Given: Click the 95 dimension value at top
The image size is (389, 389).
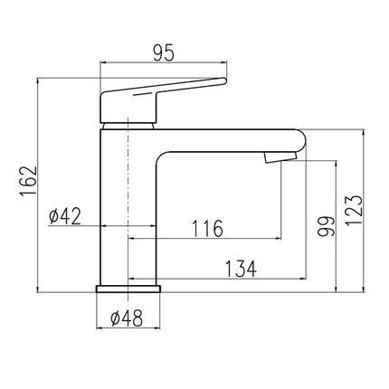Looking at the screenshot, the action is tap(164, 54).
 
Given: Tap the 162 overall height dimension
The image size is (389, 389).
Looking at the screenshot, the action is tap(29, 182).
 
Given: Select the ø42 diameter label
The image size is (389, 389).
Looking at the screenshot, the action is tap(65, 216).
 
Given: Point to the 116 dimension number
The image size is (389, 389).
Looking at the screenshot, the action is tap(207, 228).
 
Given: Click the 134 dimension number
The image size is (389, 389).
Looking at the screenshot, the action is tap(241, 269).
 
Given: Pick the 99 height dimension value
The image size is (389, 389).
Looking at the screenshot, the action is tap(327, 226).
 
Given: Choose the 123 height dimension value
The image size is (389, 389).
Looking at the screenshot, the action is tap(354, 210).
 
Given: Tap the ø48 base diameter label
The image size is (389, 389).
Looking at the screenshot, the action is tap(127, 318).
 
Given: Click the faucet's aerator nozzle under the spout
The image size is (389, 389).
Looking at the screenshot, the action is tap(280, 157).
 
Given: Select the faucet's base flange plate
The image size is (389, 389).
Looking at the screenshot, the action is tap(128, 289).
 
